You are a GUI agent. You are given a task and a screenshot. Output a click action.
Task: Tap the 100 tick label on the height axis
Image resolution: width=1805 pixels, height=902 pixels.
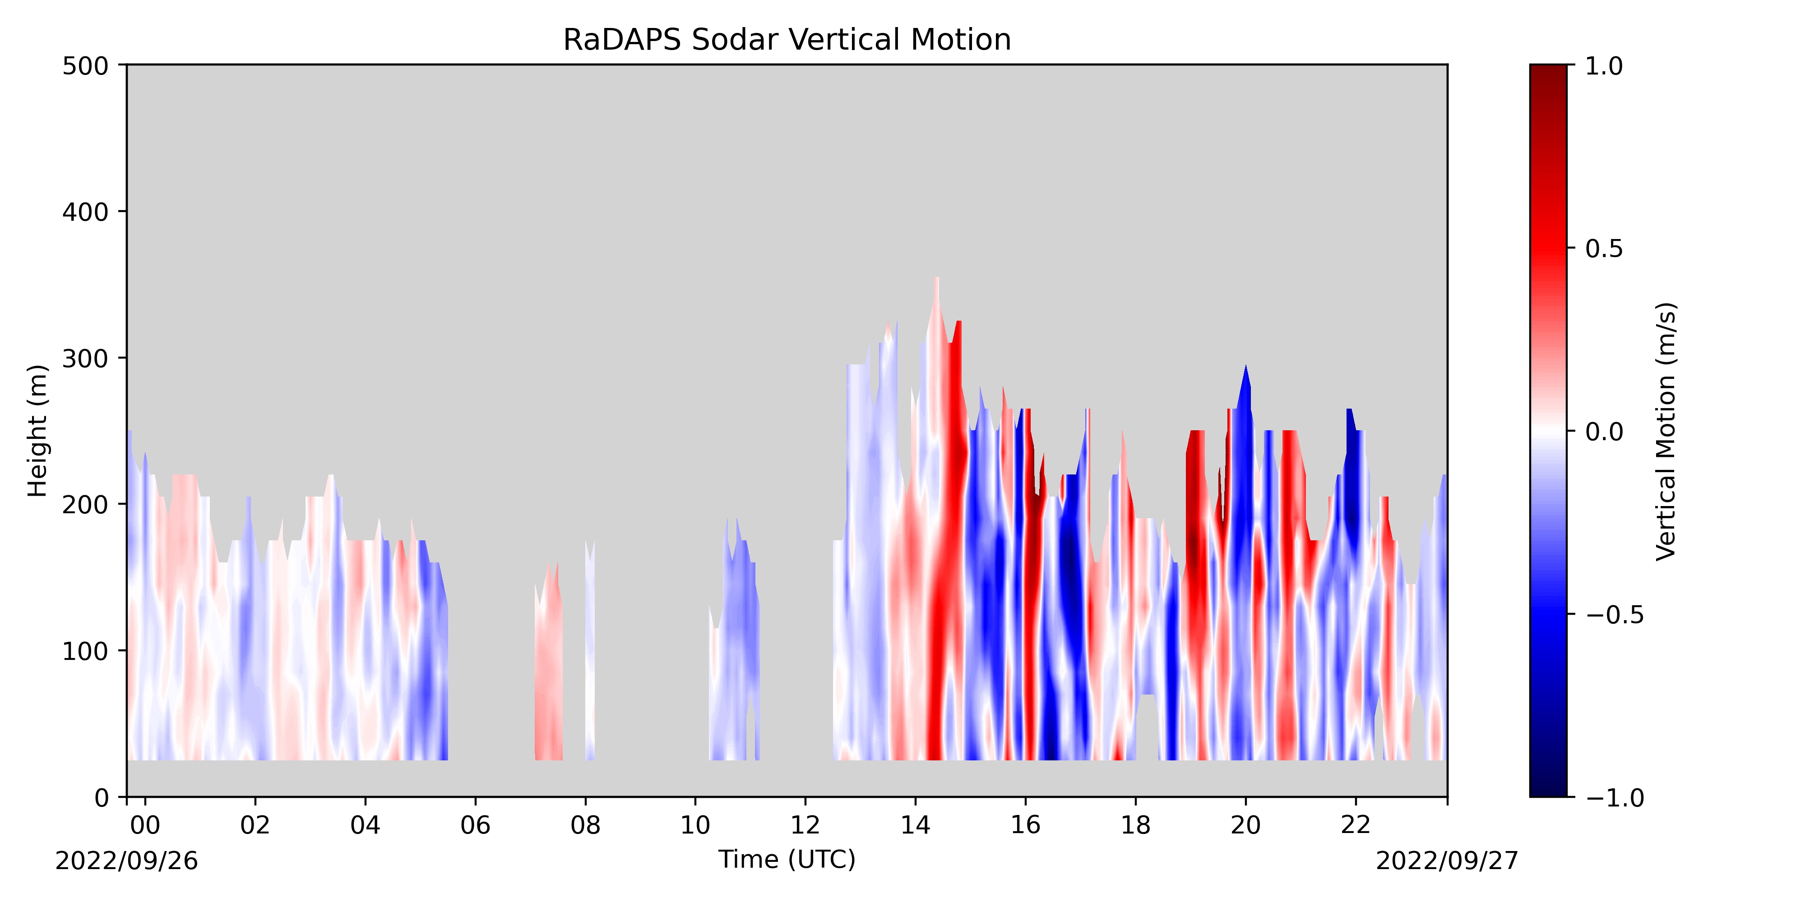85,651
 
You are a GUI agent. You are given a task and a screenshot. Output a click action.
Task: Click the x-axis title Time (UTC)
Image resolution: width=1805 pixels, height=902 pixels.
787,859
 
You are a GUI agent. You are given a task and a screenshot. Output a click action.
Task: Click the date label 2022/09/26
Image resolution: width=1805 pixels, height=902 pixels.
127,861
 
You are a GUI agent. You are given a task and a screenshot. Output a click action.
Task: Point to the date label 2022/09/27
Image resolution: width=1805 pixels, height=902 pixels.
1447,861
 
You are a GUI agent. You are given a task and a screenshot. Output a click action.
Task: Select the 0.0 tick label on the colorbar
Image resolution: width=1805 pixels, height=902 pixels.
1604,432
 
